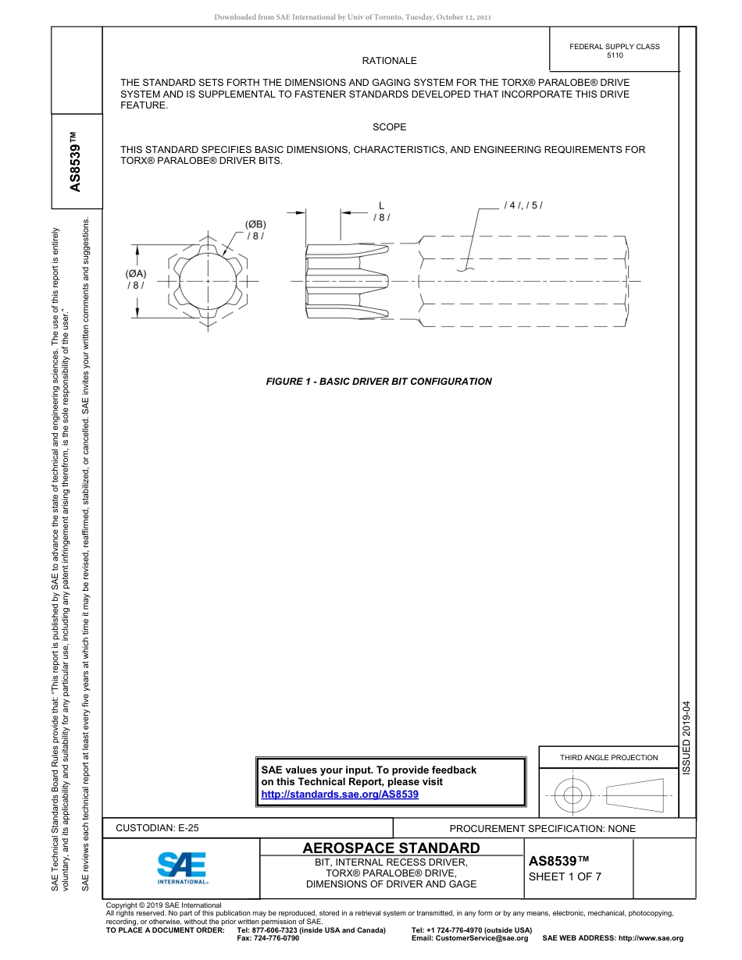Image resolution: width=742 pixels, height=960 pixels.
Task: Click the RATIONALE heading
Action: coord(389,61)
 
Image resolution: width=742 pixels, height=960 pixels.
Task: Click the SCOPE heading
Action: coord(389,126)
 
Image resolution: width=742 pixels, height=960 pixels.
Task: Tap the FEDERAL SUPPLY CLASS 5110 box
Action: coord(614,51)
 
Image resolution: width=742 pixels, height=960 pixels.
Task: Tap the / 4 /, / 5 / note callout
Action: coord(523,205)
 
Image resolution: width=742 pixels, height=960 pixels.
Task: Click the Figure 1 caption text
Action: coord(379,382)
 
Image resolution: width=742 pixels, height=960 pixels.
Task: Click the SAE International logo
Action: coord(182,867)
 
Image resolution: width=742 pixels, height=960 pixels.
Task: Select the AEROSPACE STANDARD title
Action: coord(391,848)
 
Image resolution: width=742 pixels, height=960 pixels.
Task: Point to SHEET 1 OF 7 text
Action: coord(565,876)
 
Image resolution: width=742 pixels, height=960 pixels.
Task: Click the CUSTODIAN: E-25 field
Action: coord(158,828)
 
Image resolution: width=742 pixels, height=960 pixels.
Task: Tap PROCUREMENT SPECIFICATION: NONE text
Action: coord(542,828)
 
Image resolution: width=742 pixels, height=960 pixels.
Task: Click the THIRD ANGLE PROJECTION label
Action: coord(608,757)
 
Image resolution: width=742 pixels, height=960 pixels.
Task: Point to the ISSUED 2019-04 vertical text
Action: coord(687,738)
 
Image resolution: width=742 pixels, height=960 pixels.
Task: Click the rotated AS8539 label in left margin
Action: coord(76,162)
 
